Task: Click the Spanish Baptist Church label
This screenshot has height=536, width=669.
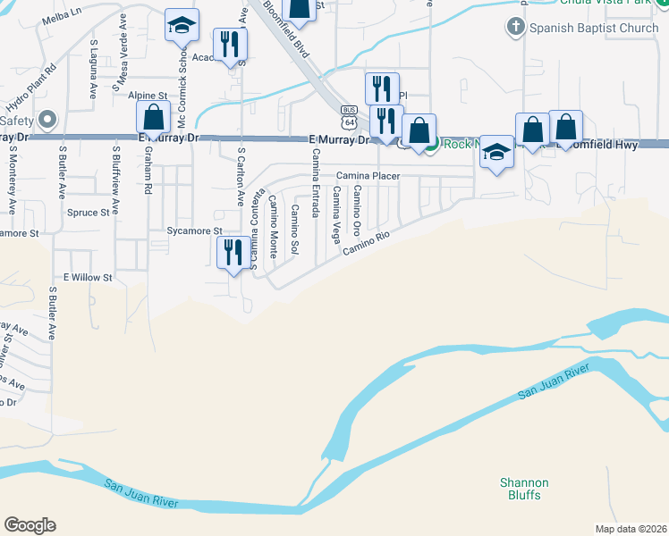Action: tap(595, 28)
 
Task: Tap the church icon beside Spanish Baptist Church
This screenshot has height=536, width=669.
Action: tap(515, 28)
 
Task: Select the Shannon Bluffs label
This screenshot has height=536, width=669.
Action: tap(524, 489)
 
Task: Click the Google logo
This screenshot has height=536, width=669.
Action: tap(30, 525)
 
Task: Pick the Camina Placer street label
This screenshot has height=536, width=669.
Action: tap(368, 176)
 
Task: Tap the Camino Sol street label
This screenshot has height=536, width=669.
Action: tap(294, 231)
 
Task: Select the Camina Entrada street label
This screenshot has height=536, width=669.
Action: tap(316, 184)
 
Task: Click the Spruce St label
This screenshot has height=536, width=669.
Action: tap(88, 213)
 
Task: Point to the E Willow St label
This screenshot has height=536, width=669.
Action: tap(87, 278)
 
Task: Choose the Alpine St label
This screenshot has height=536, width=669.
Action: tap(148, 95)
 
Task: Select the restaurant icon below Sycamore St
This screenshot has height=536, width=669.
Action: tap(233, 252)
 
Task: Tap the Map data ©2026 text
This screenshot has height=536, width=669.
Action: tap(631, 529)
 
